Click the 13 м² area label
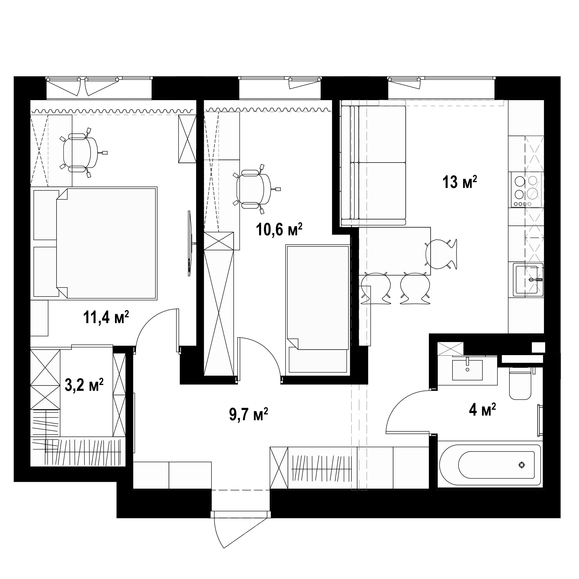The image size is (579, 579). coord(459,183)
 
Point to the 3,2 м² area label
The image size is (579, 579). coord(84,385)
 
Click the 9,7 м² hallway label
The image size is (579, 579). coord(248,414)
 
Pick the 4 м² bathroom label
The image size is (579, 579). coord(482,410)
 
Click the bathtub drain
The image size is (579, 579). coord(522,465)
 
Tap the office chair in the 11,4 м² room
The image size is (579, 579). coord(81,153)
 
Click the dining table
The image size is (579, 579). coord(395,251)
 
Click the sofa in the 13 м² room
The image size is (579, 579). coord(373,166)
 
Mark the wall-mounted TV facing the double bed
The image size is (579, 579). coord(190,243)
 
